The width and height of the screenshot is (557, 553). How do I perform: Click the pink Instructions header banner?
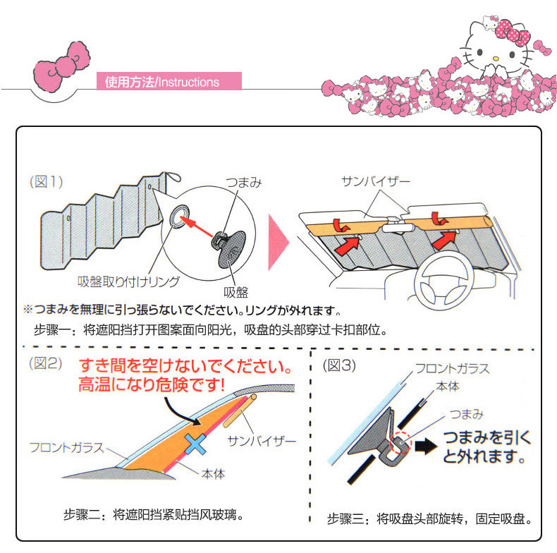(x=169, y=82)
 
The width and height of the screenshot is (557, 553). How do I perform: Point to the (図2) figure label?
(x=46, y=365)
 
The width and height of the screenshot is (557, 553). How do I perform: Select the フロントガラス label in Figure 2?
(x=67, y=447)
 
